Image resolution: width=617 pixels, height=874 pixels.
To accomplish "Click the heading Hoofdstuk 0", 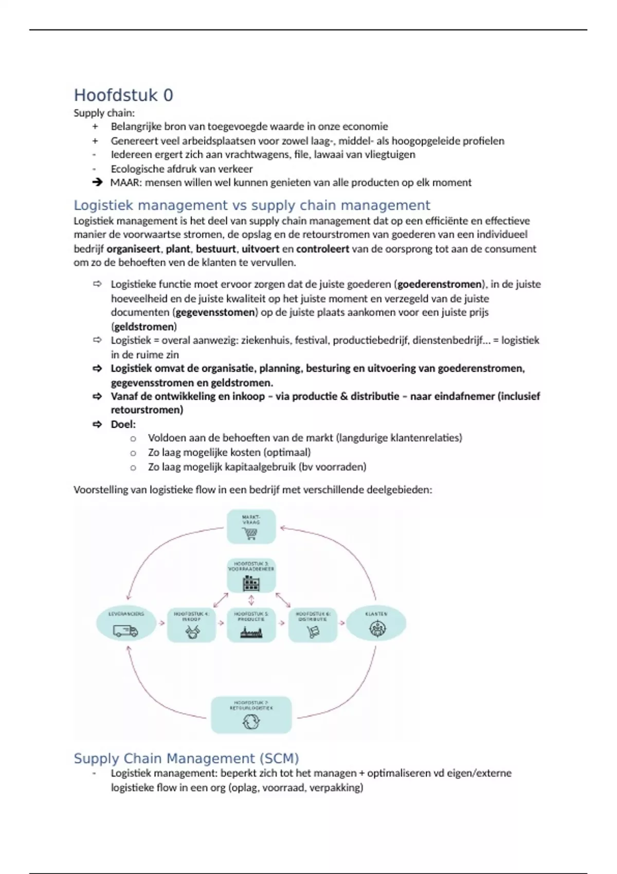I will (x=123, y=95).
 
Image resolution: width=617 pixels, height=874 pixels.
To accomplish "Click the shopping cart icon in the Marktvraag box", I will (x=251, y=534).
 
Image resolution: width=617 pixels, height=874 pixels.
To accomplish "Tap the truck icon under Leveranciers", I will (x=125, y=630).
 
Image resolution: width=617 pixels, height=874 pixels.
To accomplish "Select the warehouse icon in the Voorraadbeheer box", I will (x=251, y=584).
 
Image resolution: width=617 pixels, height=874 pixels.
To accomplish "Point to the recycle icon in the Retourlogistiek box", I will (x=251, y=722).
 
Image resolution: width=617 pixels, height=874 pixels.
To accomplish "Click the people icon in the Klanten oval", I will (x=377, y=629).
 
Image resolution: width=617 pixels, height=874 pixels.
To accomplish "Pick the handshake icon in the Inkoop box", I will (x=192, y=632).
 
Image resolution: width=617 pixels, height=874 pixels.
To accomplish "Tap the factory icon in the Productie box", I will (x=251, y=632).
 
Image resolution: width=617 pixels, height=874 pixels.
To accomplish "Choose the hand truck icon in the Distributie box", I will (x=313, y=632).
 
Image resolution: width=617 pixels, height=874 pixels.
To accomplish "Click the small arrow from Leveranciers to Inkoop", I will (x=161, y=623).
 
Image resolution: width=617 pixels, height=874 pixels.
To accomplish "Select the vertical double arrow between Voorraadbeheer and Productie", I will (x=251, y=600).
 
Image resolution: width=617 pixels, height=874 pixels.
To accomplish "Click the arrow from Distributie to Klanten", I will (x=341, y=623).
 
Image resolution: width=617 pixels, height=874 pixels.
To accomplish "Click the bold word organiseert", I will (x=133, y=249).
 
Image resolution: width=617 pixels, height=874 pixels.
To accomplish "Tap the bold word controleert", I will (x=322, y=249).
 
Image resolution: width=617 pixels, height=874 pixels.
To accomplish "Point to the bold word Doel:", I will (x=123, y=425).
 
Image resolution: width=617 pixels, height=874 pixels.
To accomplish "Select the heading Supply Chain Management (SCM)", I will (x=186, y=758).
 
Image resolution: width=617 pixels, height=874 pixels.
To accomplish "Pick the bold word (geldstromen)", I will (x=144, y=327).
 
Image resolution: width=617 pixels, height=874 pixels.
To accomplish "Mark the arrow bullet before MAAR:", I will (x=97, y=182).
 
